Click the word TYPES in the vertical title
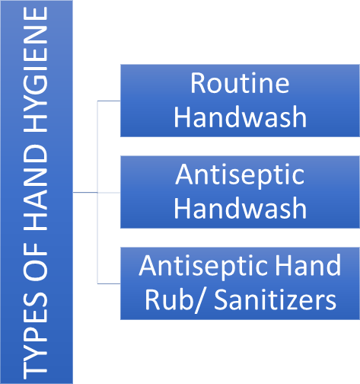pos(36,333)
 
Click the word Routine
pos(240,83)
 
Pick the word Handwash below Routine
pos(241,117)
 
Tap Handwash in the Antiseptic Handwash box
pos(241,208)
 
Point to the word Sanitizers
pos(276,299)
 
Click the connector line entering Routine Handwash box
pos(109,101)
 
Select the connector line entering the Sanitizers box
pos(109,283)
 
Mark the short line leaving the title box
pos(85,193)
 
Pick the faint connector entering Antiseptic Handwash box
pos(109,193)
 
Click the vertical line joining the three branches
pos(97,192)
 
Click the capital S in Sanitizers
pos(221,300)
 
